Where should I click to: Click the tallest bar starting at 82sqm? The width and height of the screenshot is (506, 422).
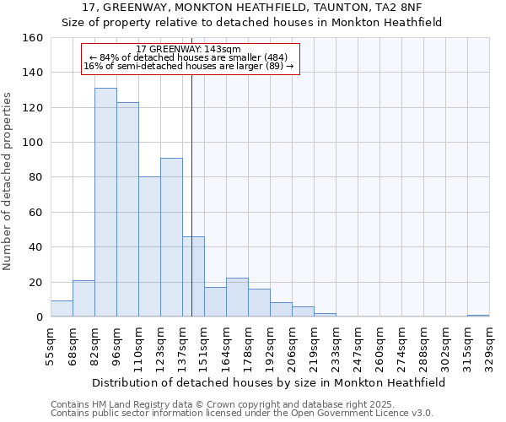[105, 203]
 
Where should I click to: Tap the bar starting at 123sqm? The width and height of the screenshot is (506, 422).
[171, 237]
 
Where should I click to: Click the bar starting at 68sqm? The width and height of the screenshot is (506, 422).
[83, 299]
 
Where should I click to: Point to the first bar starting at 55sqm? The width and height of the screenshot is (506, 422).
[62, 309]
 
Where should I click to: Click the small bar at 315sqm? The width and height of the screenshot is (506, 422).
[478, 316]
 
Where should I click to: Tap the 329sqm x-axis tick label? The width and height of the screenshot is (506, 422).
[490, 346]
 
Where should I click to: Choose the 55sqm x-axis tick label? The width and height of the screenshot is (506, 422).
[51, 346]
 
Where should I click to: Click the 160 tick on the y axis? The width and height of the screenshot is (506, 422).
[33, 38]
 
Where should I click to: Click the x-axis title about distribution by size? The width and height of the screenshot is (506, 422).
[268, 382]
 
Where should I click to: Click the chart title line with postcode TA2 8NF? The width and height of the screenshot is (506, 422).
[252, 7]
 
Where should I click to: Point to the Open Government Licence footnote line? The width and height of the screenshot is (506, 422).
[242, 413]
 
